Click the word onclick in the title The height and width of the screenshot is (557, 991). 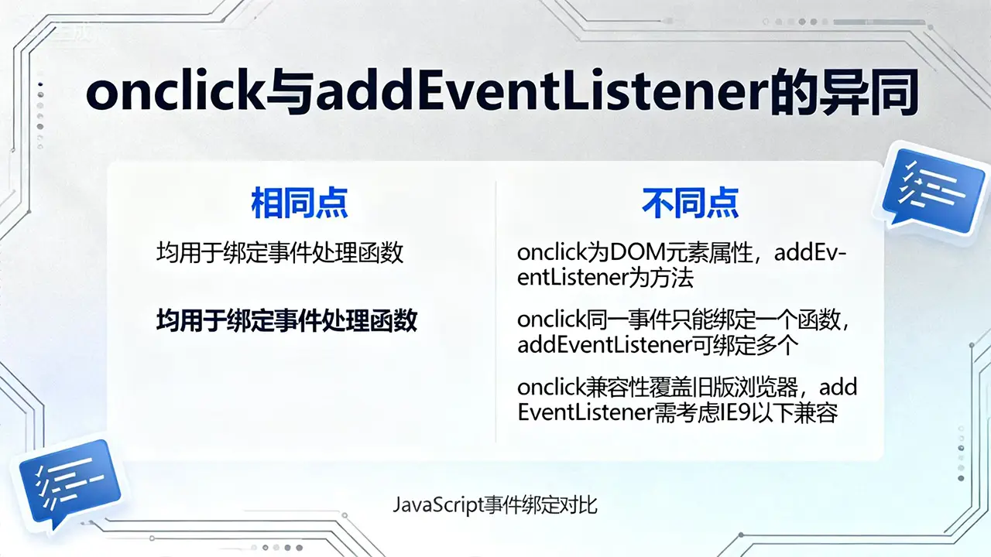(x=174, y=94)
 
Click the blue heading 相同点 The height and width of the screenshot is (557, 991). (x=300, y=203)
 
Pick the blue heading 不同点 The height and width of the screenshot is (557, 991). (x=690, y=203)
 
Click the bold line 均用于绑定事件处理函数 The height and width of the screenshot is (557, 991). (x=286, y=320)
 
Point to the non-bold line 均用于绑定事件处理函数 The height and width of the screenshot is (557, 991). (x=279, y=253)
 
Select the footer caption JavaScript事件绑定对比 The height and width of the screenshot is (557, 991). (x=495, y=505)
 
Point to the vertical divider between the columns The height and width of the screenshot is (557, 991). (x=495, y=311)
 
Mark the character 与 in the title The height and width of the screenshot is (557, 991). (x=290, y=94)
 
